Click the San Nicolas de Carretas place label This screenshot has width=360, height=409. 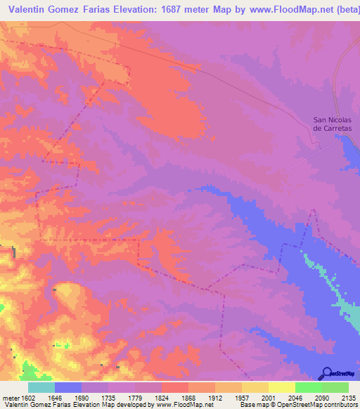coord(332,124)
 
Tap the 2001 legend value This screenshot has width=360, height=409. coord(268,397)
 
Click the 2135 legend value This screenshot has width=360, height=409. coord(347,397)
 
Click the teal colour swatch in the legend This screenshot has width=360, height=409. coord(41,387)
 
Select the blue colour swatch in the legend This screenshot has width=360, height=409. coord(68,387)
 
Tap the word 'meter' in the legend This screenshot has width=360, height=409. coord(10,397)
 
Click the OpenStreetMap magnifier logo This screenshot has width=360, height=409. coord(325,373)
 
